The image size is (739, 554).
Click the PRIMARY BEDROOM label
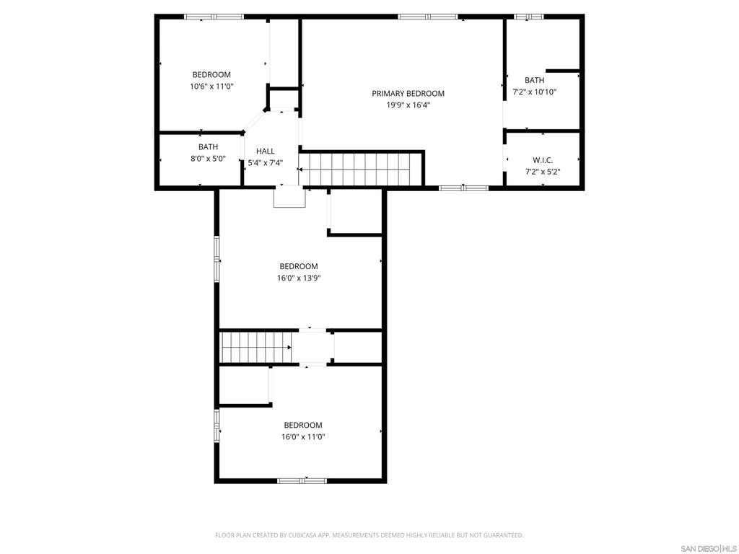408,93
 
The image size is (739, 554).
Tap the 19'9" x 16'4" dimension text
408,105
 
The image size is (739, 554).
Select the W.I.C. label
543,160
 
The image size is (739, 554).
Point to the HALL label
266,151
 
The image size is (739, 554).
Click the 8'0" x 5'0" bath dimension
208,159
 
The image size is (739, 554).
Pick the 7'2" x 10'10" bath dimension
535,92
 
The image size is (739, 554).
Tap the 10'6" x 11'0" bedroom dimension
211,87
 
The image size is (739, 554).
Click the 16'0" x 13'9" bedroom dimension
299,278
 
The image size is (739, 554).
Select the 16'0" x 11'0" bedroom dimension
303,436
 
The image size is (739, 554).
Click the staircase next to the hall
361,169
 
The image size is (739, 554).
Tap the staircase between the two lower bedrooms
256,347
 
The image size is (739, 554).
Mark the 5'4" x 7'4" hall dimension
266,163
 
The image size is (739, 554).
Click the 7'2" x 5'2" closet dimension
543,172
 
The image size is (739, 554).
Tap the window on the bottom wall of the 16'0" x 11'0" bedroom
302,480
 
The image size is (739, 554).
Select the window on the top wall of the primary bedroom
427,17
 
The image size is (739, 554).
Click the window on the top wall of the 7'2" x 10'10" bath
528,17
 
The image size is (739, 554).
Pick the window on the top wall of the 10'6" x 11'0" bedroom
214,17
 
